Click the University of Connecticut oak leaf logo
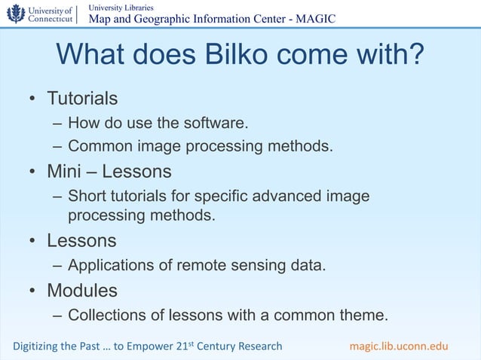tap(15, 14)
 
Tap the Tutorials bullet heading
tap(82, 99)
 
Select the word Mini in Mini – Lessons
tap(65, 172)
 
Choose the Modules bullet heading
tap(82, 290)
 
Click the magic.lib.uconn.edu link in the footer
tap(399, 346)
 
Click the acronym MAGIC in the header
tap(316, 19)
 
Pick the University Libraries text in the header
tap(121, 7)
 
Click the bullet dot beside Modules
tap(34, 291)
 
